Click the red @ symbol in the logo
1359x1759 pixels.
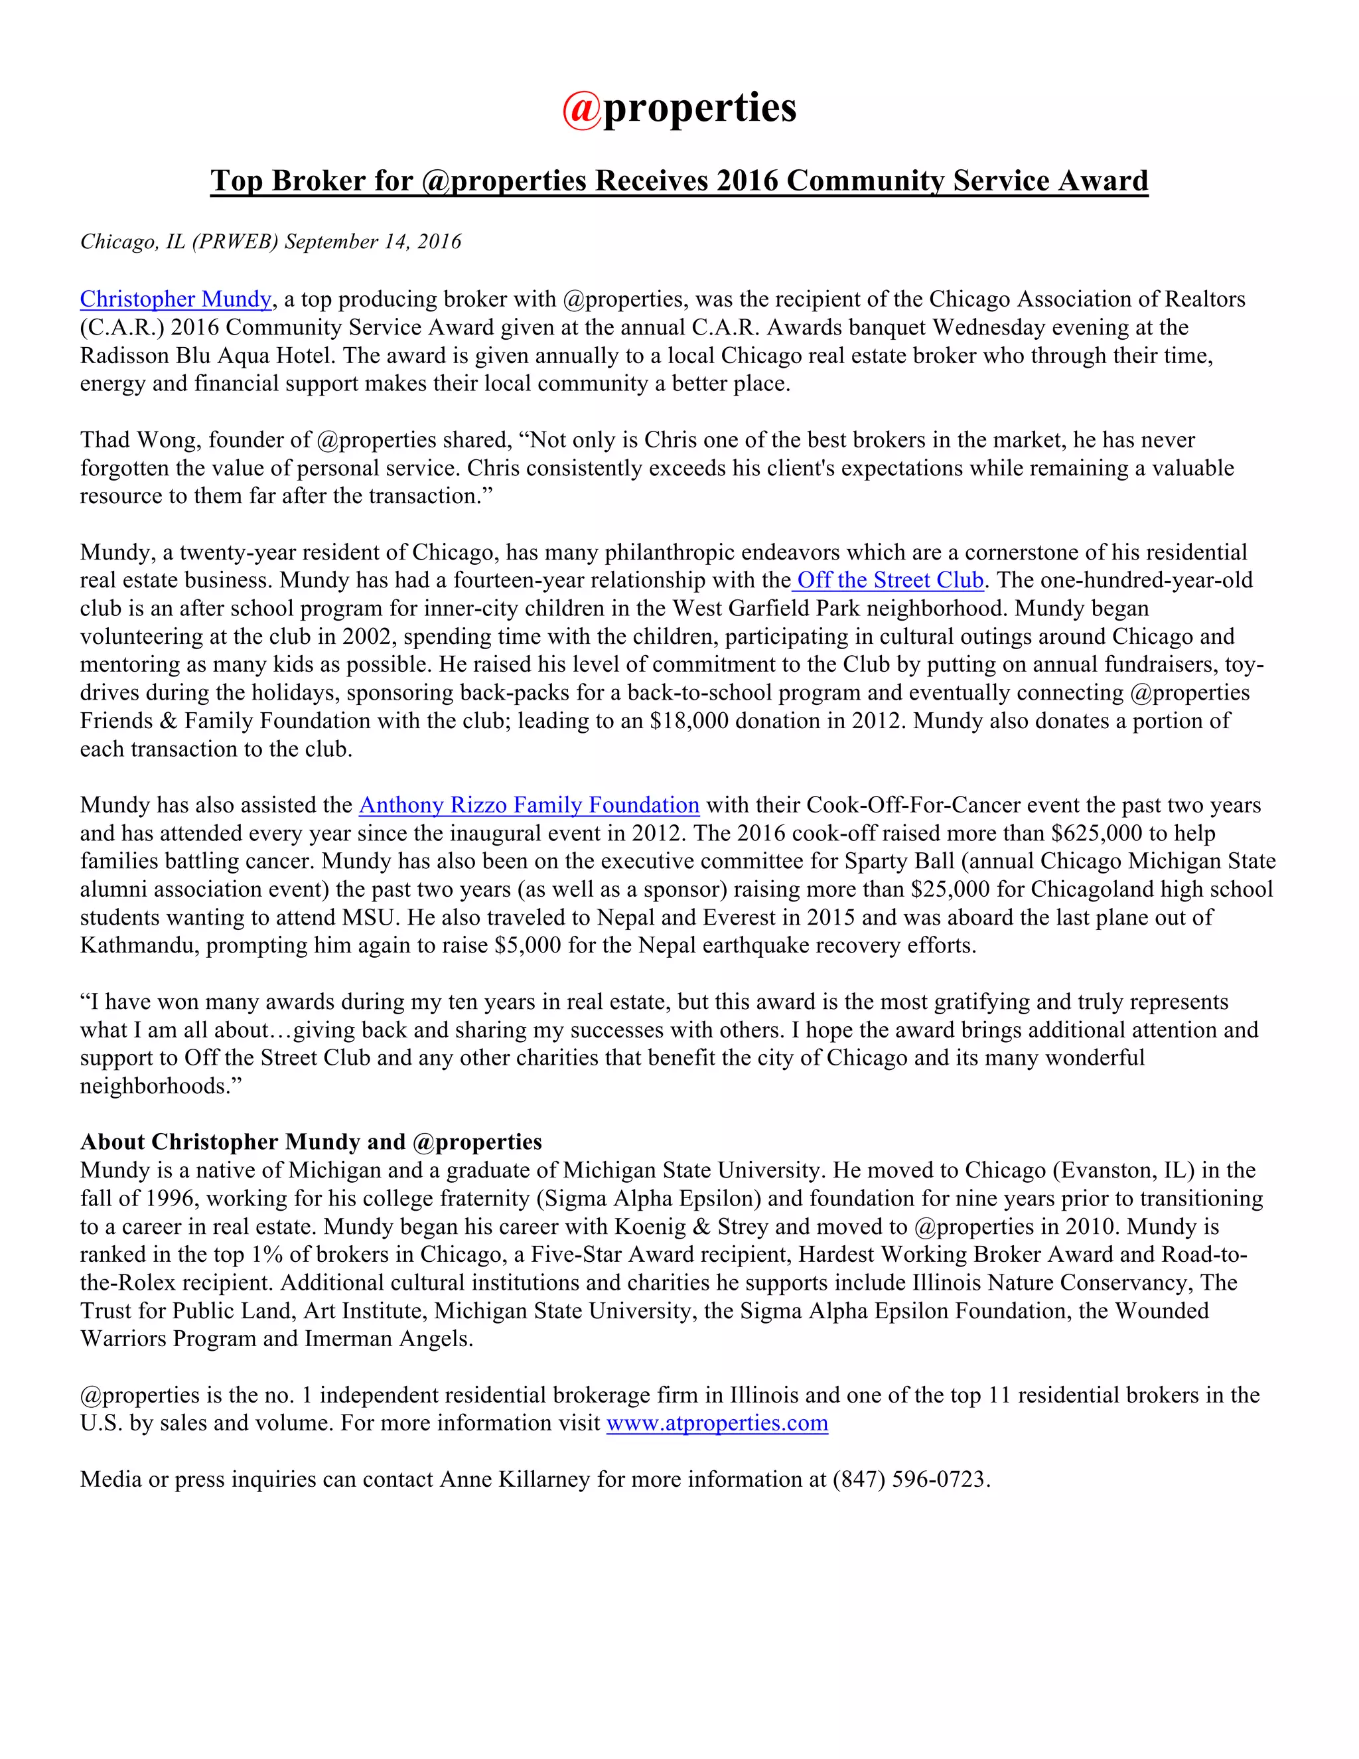581,110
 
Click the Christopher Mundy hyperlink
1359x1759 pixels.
175,299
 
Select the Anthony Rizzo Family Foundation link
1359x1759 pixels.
529,805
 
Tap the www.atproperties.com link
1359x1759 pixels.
717,1423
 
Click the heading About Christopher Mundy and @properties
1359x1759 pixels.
311,1142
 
